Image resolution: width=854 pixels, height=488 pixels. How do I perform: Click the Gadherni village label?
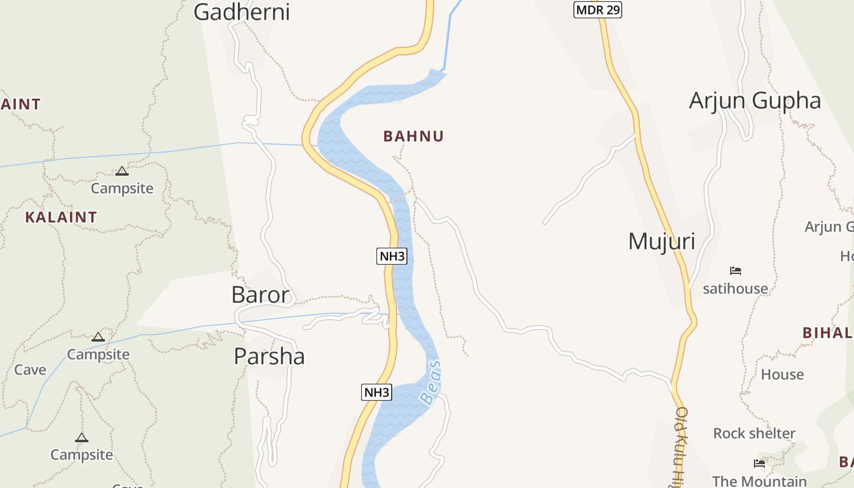[242, 12]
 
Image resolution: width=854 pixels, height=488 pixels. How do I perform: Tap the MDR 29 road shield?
[597, 10]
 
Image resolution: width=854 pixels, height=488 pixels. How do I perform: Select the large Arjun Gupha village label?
[755, 101]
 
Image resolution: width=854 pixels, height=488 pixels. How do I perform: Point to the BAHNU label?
[414, 136]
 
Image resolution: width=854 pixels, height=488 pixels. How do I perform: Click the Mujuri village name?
[661, 241]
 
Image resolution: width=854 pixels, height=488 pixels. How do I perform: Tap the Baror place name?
[260, 295]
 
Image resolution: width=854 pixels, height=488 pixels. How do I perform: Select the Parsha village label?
[269, 356]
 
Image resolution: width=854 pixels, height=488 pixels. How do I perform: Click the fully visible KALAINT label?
[61, 217]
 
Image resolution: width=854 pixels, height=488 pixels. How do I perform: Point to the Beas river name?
[431, 382]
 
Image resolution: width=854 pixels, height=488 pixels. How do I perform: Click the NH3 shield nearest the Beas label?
[377, 392]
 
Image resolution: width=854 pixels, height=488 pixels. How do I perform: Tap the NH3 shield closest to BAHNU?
[392, 256]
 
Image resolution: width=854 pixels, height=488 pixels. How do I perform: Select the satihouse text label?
[735, 288]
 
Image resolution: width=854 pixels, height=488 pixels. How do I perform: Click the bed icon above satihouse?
[736, 270]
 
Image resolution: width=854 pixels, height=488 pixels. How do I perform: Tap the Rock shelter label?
[754, 433]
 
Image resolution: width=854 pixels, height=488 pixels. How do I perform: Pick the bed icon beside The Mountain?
[759, 464]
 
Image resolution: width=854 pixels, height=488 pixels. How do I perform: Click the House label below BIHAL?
[782, 374]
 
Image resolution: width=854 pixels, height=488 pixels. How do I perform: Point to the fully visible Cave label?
[30, 370]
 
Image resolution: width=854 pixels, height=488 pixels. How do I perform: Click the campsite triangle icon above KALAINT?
[122, 171]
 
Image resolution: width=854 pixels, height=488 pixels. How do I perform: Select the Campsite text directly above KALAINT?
[122, 188]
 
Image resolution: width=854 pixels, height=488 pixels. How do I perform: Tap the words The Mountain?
[759, 481]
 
